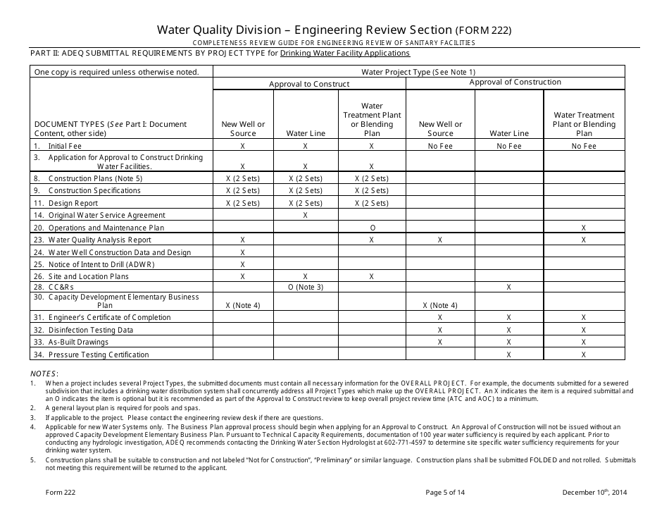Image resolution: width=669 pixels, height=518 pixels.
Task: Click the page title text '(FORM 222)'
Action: click(483, 30)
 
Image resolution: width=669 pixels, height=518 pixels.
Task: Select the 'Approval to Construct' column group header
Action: click(308, 84)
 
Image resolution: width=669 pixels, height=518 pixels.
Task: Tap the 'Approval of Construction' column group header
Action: click(515, 82)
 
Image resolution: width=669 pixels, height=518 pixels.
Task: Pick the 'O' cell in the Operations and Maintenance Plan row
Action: click(371, 228)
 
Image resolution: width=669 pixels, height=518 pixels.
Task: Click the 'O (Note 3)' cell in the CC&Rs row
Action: click(305, 287)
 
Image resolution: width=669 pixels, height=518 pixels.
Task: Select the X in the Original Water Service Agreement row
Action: click(305, 215)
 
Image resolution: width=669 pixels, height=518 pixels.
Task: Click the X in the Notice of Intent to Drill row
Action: click(242, 264)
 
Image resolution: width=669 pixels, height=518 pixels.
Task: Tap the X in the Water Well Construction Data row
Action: click(242, 252)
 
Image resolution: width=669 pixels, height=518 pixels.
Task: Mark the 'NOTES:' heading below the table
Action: click(44, 374)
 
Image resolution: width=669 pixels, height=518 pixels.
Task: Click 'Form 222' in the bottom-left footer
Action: click(45, 493)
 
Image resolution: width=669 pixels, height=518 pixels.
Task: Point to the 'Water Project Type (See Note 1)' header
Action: click(418, 72)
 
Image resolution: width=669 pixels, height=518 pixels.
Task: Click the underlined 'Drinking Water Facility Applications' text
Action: click(344, 53)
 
